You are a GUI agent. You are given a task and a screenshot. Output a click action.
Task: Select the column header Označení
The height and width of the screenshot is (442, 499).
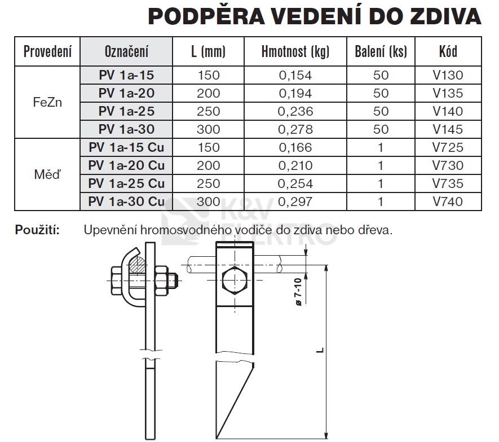tap(126, 52)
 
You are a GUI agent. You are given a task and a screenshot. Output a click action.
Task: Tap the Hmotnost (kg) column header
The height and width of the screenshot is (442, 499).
tap(295, 52)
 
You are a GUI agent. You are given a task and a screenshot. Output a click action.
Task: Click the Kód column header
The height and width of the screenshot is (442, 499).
tap(448, 52)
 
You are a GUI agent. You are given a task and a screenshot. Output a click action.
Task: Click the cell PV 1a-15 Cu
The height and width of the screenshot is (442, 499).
tap(126, 148)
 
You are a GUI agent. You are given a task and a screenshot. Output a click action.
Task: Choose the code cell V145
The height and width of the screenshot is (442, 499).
tap(448, 129)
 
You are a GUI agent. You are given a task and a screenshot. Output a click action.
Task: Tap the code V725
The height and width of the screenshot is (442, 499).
tap(448, 148)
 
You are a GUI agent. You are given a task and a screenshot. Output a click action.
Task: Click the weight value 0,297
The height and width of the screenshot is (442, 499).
tap(295, 202)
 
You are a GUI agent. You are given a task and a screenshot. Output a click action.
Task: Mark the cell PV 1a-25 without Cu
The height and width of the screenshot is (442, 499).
tap(126, 111)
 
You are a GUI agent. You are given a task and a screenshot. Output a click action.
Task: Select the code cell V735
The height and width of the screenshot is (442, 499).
tap(448, 183)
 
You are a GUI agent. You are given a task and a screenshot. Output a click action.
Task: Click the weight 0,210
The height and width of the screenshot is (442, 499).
tap(295, 165)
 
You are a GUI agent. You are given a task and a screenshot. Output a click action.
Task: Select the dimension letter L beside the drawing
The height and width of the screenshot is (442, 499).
tap(320, 351)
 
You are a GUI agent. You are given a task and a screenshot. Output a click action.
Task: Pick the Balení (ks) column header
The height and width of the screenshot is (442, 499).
tap(381, 52)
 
